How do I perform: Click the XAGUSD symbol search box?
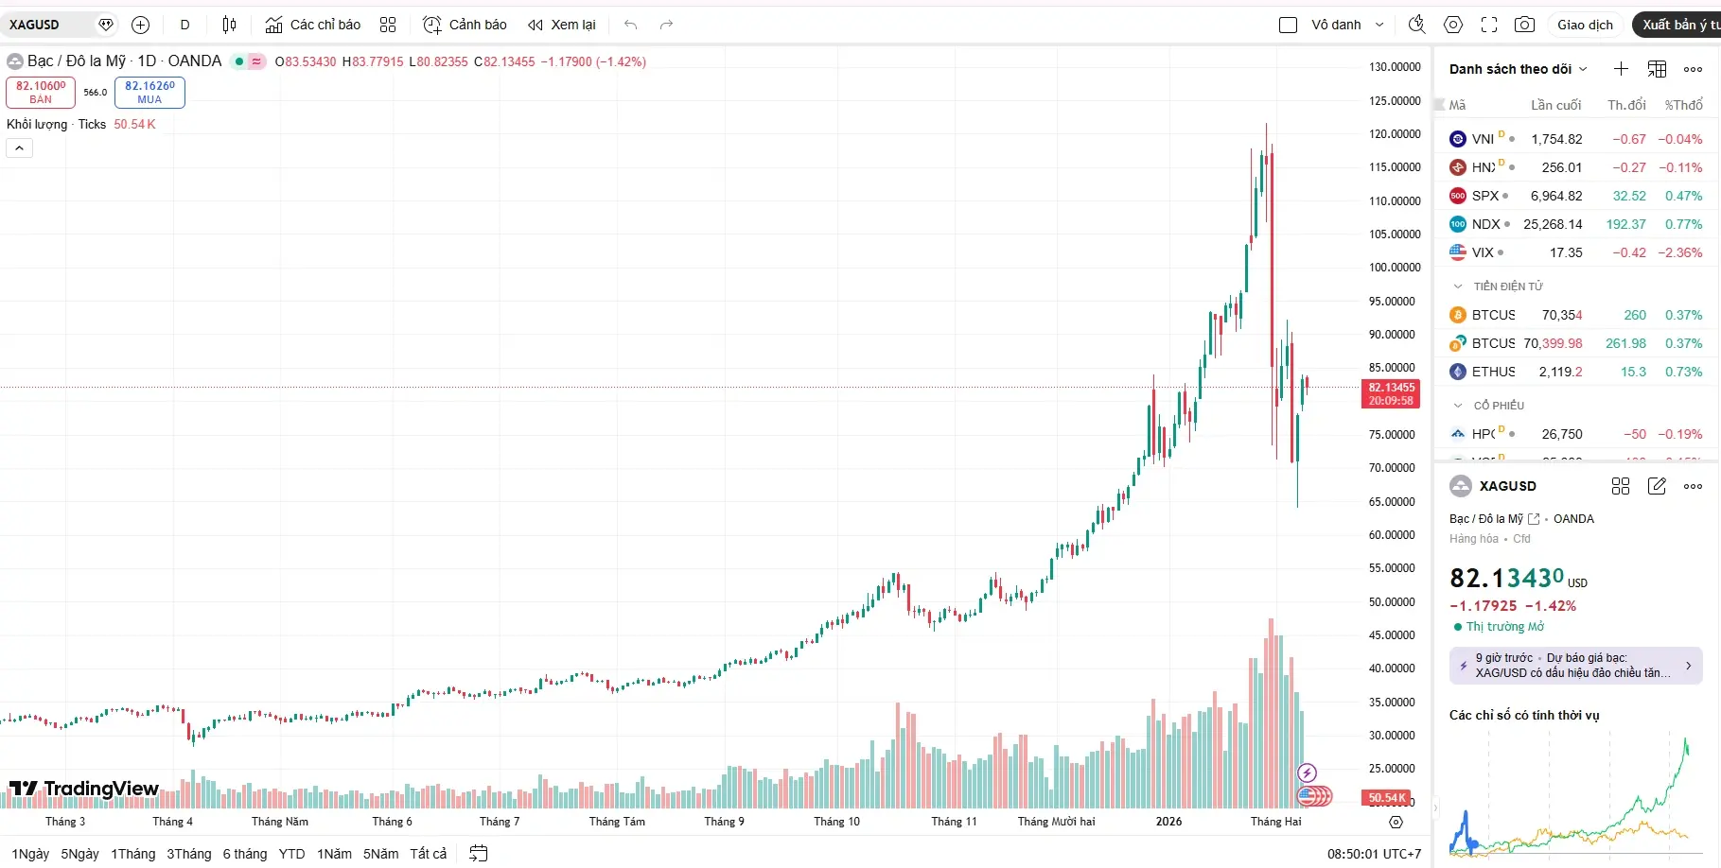coord(47,25)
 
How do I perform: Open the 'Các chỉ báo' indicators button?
coord(313,25)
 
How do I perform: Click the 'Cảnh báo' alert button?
coord(465,25)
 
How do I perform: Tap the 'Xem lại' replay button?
coord(562,25)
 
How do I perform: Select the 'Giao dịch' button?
coord(1585,25)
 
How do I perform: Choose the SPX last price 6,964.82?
coord(1556,196)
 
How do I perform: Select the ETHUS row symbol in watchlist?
coord(1493,372)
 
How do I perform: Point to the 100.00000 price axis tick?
coord(1395,268)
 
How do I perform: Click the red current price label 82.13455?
coord(1391,393)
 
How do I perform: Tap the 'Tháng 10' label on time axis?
coord(836,822)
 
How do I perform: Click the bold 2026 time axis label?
coord(1168,822)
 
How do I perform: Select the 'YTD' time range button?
coord(291,854)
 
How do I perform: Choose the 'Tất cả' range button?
coord(428,854)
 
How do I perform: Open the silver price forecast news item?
coord(1575,666)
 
